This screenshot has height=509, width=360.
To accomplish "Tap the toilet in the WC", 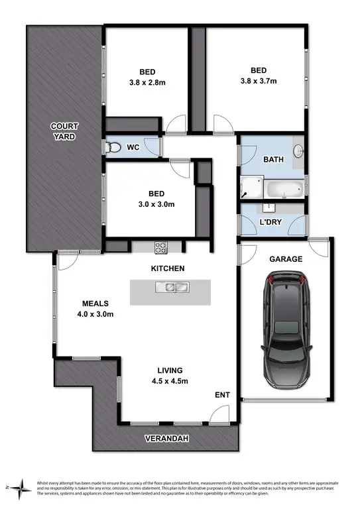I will pos(113,148).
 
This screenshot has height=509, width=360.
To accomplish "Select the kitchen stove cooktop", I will pos(161,247).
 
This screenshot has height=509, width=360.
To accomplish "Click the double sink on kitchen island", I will pos(170,287).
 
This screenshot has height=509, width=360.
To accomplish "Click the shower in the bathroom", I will pos(251,187).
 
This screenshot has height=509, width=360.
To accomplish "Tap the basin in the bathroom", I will pos(298,151).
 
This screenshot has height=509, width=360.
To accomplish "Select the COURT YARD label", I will pos(65,131).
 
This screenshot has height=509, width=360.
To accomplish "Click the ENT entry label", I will pos(222,395).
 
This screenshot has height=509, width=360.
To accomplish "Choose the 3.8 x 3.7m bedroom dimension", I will pos(259,82).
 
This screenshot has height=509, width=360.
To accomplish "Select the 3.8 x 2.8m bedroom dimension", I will pos(147,83).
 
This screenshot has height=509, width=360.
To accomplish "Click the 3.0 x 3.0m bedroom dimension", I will pos(156,205).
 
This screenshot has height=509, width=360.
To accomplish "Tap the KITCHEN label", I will pos(167,268).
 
